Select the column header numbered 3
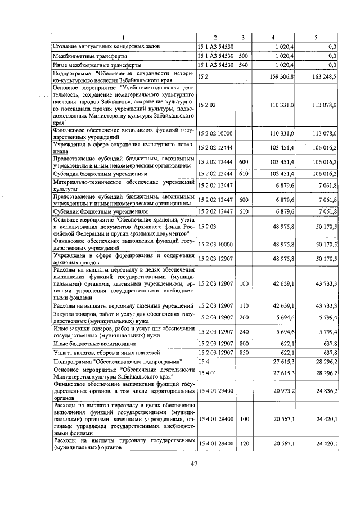243,37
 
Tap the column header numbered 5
316,37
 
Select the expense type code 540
243,65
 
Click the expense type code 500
243,56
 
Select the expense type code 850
243,353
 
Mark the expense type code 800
243,343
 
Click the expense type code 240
243,331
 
